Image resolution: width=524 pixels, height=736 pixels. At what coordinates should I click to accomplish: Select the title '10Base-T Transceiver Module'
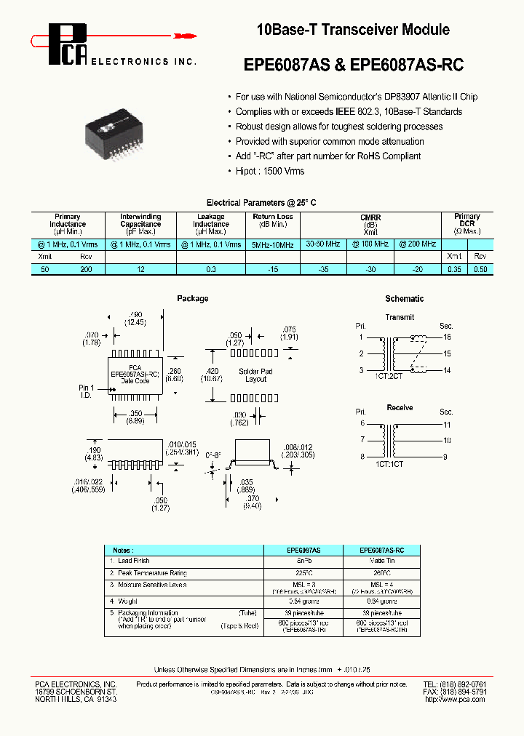pos(353,30)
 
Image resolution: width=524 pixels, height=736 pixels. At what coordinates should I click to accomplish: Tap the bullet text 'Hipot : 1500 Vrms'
pos(270,171)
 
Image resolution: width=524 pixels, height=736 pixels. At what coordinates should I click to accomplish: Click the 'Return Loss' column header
pos(273,217)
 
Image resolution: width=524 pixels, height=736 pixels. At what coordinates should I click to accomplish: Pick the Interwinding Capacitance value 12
pos(141,269)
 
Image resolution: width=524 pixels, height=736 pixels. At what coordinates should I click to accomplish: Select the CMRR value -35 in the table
pos(322,269)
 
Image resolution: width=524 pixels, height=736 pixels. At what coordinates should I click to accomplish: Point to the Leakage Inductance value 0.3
pos(210,269)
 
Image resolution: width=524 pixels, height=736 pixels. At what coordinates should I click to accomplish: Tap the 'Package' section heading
pos(192,298)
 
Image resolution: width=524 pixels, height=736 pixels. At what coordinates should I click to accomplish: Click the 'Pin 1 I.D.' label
pos(87,392)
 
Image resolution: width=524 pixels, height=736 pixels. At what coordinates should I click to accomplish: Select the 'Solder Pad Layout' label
pos(255,375)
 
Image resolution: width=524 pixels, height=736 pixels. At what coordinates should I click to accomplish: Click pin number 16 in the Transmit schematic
pos(446,337)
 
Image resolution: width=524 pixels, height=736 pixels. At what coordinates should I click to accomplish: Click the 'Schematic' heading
pos(404,299)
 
